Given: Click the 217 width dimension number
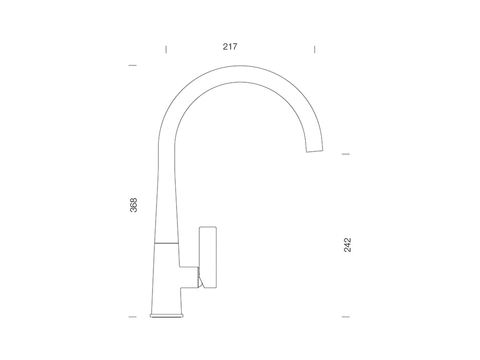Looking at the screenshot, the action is (230, 47).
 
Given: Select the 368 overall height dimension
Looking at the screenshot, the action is (133, 205).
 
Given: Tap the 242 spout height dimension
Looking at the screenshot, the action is (348, 245).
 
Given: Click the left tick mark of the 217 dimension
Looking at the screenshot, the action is (166, 49).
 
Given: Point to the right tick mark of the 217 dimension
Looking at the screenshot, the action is (314, 49).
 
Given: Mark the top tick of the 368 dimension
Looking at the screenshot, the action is (132, 65).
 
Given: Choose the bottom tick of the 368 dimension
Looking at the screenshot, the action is (132, 317).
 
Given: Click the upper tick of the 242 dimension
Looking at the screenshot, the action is (346, 154).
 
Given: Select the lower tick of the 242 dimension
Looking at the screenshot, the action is (346, 317).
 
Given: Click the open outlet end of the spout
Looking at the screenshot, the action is (315, 151).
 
